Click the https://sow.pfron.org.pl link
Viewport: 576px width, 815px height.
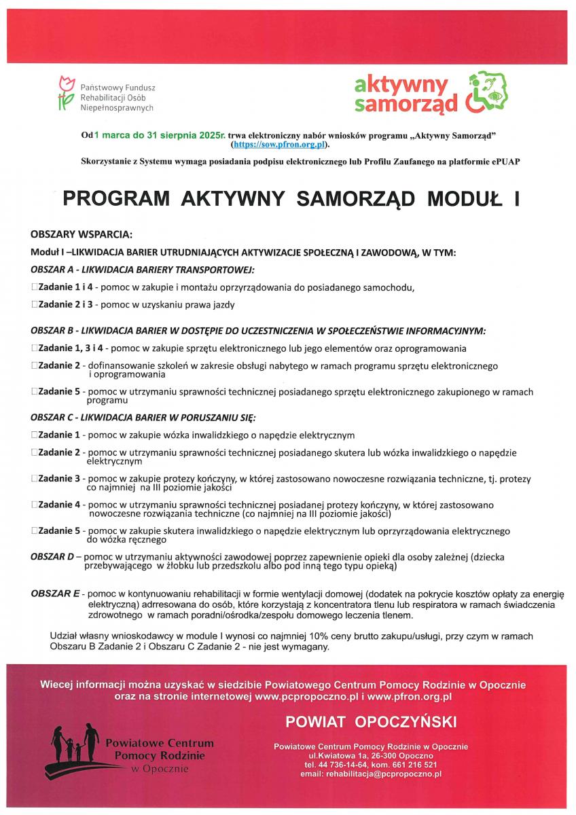tap(279, 145)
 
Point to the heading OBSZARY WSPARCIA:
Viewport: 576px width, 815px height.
tap(81, 235)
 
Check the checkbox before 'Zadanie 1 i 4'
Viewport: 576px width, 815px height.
tap(34, 287)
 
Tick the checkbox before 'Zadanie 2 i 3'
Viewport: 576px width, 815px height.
tap(34, 305)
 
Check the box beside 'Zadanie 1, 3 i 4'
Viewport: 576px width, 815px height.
tap(34, 348)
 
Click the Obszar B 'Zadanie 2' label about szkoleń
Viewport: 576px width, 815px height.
tap(59, 365)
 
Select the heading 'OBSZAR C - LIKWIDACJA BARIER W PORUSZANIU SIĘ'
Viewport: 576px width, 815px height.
tap(143, 417)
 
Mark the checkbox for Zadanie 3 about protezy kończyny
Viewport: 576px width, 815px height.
tap(34, 479)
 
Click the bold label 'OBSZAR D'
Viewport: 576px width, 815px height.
tap(52, 557)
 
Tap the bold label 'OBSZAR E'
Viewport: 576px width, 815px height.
tap(55, 594)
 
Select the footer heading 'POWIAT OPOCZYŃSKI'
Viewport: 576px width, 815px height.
tap(371, 721)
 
